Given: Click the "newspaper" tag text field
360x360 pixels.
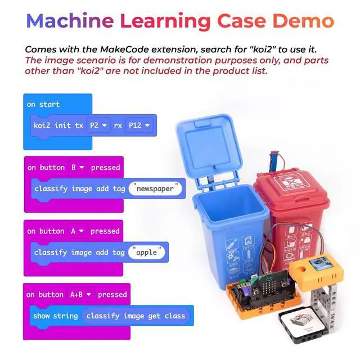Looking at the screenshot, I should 156,189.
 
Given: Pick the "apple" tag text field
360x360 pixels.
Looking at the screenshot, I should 148,252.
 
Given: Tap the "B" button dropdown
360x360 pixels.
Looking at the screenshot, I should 77,167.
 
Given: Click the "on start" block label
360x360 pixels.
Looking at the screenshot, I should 43,104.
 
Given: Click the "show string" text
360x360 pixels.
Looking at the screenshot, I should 55,316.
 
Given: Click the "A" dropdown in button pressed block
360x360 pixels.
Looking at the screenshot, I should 77,231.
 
